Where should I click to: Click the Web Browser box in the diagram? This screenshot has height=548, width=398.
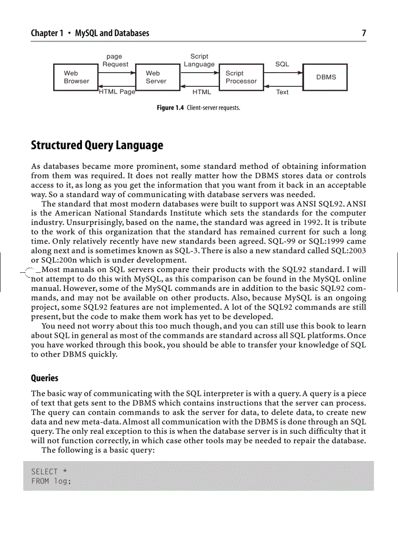click(x=76, y=77)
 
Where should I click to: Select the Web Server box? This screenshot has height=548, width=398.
click(x=157, y=77)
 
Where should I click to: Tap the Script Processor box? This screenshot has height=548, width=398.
click(x=241, y=77)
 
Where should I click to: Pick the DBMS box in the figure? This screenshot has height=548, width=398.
click(x=325, y=77)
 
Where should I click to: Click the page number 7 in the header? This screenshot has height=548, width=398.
click(x=364, y=33)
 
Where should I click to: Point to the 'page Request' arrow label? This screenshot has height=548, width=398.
click(x=115, y=61)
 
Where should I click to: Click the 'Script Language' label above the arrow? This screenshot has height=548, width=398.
click(x=199, y=61)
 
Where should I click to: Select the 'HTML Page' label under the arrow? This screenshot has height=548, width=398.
click(x=117, y=92)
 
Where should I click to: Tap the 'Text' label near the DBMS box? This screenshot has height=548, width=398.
click(x=282, y=92)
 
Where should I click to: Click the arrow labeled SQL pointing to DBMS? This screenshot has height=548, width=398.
click(x=283, y=73)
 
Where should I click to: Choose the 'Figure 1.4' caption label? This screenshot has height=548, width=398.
click(x=170, y=108)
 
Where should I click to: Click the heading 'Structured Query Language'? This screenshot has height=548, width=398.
click(x=97, y=145)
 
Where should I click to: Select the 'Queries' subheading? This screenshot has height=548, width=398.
click(x=44, y=378)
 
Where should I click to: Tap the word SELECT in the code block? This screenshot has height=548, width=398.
click(x=44, y=471)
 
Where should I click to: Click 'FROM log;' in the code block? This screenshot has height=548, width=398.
click(x=51, y=481)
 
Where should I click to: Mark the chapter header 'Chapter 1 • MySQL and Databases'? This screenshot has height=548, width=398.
click(x=90, y=33)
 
